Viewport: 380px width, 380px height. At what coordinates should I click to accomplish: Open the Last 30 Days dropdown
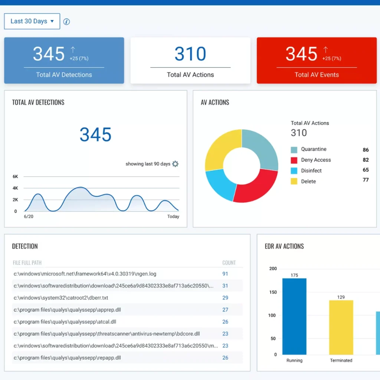pyautogui.click(x=32, y=21)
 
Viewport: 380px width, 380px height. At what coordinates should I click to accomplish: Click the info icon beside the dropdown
pyautogui.click(x=67, y=22)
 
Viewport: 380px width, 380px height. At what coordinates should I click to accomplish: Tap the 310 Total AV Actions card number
pyautogui.click(x=190, y=54)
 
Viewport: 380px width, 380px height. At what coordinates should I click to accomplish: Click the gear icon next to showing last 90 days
pyautogui.click(x=175, y=164)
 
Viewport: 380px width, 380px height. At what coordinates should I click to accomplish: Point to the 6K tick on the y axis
pyautogui.click(x=15, y=177)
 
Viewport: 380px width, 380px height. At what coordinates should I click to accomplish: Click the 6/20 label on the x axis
pyautogui.click(x=29, y=216)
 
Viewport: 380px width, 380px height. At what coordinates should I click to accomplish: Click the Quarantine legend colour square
pyautogui.click(x=294, y=150)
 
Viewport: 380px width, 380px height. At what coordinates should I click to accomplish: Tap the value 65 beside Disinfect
pyautogui.click(x=366, y=170)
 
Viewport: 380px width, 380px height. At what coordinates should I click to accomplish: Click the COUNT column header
pyautogui.click(x=229, y=263)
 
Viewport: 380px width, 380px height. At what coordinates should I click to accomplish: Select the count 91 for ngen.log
pyautogui.click(x=225, y=274)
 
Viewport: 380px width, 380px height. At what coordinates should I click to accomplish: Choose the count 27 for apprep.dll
pyautogui.click(x=225, y=309)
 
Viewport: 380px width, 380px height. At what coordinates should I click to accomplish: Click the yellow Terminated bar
pyautogui.click(x=341, y=327)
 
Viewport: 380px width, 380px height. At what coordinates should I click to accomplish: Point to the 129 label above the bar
pyautogui.click(x=341, y=297)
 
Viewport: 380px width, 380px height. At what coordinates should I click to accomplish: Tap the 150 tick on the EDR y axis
pyautogui.click(x=273, y=292)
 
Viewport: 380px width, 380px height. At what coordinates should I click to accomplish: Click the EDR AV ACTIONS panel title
pyautogui.click(x=284, y=246)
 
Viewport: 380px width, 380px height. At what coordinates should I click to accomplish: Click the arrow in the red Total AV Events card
pyautogui.click(x=325, y=49)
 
